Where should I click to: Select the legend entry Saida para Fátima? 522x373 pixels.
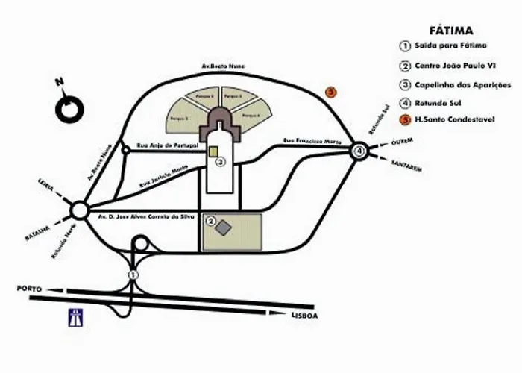pyautogui.click(x=445, y=46)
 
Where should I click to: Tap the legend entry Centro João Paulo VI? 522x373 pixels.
pyautogui.click(x=453, y=65)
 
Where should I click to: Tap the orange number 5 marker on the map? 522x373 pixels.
pyautogui.click(x=332, y=93)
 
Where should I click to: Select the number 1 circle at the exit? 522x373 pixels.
pyautogui.click(x=133, y=275)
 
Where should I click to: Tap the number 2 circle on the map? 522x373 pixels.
pyautogui.click(x=211, y=221)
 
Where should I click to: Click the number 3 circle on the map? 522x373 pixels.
pyautogui.click(x=221, y=160)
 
